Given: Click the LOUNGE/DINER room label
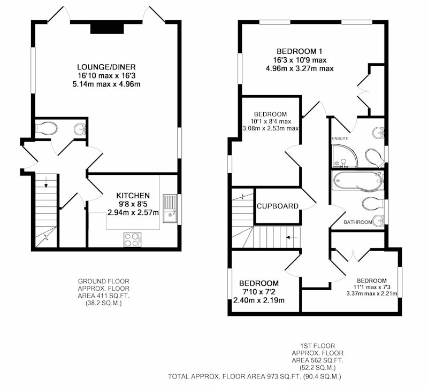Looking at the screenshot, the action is click(x=106, y=67).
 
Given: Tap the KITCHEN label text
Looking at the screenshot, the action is click(x=133, y=196).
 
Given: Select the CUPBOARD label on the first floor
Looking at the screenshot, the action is click(x=278, y=206).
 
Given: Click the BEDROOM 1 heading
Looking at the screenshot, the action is click(x=300, y=51).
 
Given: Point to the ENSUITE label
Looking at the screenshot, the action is click(x=340, y=138).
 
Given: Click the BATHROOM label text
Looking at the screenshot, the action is click(x=357, y=222).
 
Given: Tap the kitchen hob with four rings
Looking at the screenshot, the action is click(x=132, y=239).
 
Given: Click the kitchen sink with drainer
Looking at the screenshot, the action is click(x=170, y=208).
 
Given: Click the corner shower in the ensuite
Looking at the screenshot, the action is click(x=344, y=156).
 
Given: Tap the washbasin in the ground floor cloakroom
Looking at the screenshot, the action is click(x=80, y=129).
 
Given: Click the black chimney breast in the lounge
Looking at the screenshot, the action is click(x=108, y=28).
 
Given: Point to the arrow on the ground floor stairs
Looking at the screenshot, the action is click(x=46, y=182).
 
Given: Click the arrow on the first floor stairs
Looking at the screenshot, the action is click(x=292, y=237).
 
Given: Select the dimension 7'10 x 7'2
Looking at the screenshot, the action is click(x=259, y=292).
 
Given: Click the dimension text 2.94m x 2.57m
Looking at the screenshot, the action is click(x=133, y=212).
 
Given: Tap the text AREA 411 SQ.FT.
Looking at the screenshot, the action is click(x=103, y=296).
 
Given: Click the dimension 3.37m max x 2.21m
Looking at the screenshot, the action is click(x=372, y=293).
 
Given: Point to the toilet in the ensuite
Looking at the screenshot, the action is click(x=375, y=158).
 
